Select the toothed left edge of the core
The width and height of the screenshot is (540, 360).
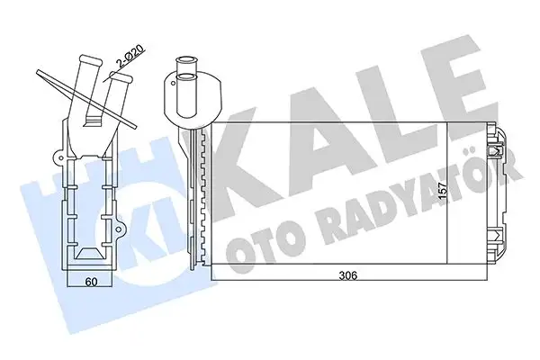coord(208,198)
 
